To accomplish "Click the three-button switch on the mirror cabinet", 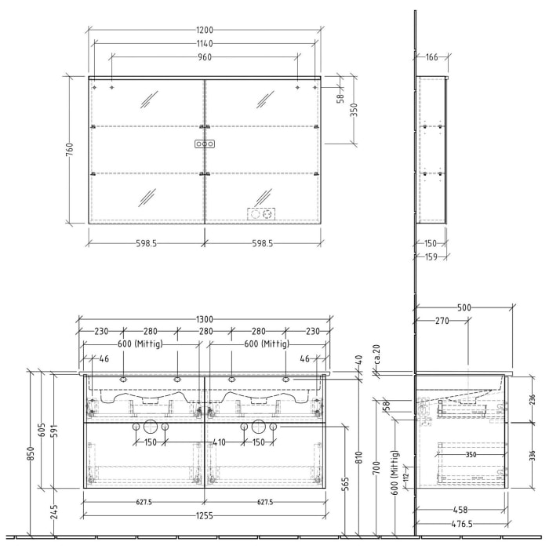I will (204, 144).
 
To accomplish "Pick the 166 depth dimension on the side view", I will (431, 57).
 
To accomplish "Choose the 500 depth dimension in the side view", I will (464, 308).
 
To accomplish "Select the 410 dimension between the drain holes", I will (219, 442).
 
